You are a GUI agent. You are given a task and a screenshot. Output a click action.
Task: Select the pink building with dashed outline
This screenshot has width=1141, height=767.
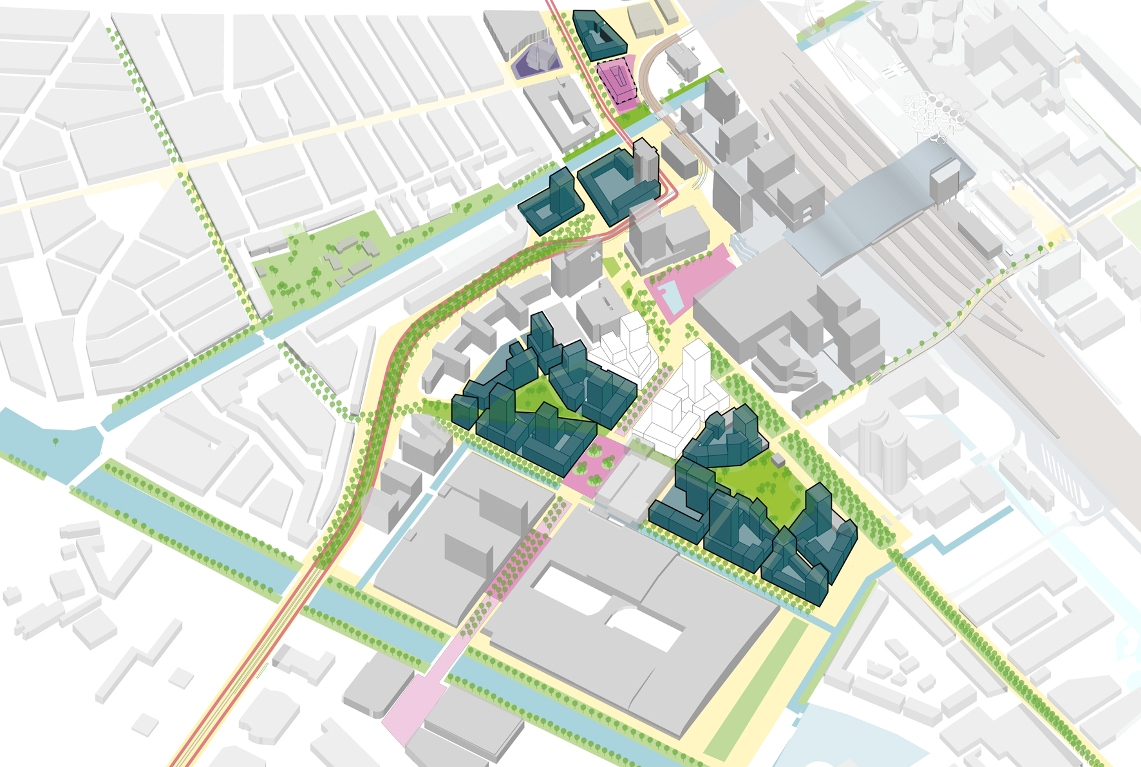point(617,81)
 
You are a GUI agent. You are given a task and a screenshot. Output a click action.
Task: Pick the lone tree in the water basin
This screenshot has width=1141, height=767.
point(55,442)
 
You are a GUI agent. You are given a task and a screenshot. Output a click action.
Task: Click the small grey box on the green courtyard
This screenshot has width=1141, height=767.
point(778,460)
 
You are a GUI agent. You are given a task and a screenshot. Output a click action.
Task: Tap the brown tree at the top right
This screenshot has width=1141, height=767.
point(820,23)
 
